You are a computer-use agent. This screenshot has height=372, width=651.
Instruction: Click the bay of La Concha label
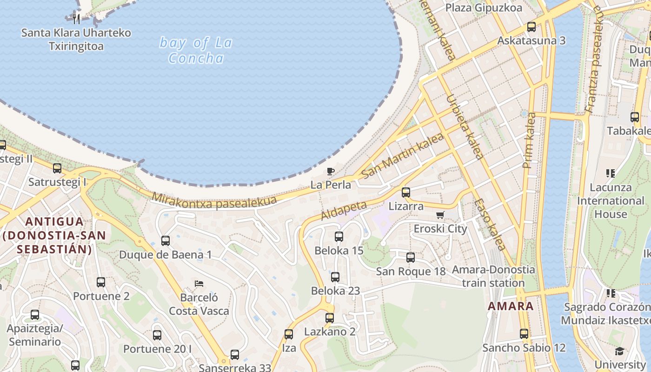click(x=196, y=51)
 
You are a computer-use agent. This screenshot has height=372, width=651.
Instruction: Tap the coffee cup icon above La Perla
click(x=331, y=171)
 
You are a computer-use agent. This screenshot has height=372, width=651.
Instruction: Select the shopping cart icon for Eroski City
click(x=440, y=215)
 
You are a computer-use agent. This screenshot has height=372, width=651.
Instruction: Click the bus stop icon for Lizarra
click(x=406, y=192)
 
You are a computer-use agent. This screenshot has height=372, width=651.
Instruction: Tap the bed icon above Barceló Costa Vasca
click(x=199, y=283)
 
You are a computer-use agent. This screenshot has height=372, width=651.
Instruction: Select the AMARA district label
click(x=511, y=306)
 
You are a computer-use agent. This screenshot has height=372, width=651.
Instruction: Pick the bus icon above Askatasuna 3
click(x=531, y=27)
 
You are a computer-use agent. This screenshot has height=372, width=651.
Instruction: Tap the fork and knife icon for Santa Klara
click(x=77, y=19)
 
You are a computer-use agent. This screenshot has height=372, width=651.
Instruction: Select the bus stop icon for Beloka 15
click(x=339, y=237)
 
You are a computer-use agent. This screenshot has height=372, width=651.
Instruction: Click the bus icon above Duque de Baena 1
click(x=166, y=241)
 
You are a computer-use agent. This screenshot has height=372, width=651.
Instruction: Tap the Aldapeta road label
click(x=344, y=210)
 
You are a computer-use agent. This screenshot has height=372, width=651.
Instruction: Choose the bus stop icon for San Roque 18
click(x=411, y=258)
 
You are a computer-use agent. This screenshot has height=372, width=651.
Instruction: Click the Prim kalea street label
click(x=530, y=140)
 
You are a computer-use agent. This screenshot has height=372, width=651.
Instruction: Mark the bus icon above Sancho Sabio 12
click(x=524, y=333)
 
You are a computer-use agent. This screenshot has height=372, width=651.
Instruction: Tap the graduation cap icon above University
click(x=619, y=351)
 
